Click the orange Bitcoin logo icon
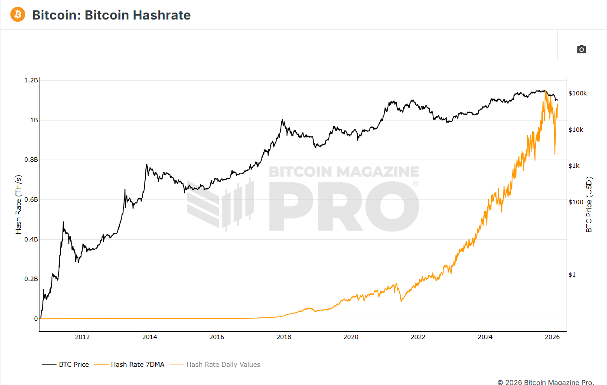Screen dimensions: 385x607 click(18, 14)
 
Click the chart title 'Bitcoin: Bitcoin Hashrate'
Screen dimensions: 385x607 click(111, 15)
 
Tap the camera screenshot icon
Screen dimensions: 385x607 click(581, 49)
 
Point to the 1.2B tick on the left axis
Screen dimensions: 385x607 click(31, 80)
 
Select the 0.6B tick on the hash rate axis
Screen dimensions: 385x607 click(31, 199)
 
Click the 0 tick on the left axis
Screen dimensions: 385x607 click(36, 319)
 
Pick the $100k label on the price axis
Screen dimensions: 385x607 click(578, 93)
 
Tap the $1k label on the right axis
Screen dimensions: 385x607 click(574, 166)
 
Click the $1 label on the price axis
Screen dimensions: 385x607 click(572, 274)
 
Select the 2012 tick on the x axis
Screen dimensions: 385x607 click(82, 337)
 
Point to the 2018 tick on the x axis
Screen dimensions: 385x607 click(284, 337)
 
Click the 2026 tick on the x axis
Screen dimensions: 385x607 click(552, 337)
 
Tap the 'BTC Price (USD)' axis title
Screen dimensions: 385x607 click(589, 204)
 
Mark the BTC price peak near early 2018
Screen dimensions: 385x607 click(282, 120)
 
